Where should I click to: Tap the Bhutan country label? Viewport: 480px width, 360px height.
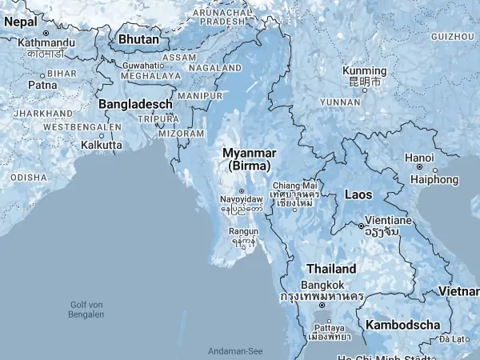click(138, 38)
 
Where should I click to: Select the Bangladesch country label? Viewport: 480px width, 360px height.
click(135, 104)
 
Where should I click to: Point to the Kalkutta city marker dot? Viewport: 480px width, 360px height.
click(102, 135)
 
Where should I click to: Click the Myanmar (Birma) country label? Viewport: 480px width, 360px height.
click(249, 158)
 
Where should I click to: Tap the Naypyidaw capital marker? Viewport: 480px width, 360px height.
click(241, 191)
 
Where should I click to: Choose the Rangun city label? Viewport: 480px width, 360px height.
click(244, 231)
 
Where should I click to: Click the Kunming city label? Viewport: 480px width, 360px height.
click(363, 71)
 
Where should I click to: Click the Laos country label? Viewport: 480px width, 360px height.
click(358, 194)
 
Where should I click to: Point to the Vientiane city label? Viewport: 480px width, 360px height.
click(388, 219)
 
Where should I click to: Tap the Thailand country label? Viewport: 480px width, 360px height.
click(330, 269)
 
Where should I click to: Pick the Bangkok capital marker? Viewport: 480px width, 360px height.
click(322, 306)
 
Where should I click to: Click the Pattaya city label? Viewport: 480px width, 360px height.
click(330, 328)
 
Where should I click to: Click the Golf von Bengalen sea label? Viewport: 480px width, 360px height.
click(87, 309)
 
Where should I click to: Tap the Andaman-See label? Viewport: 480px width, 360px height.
click(235, 351)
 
